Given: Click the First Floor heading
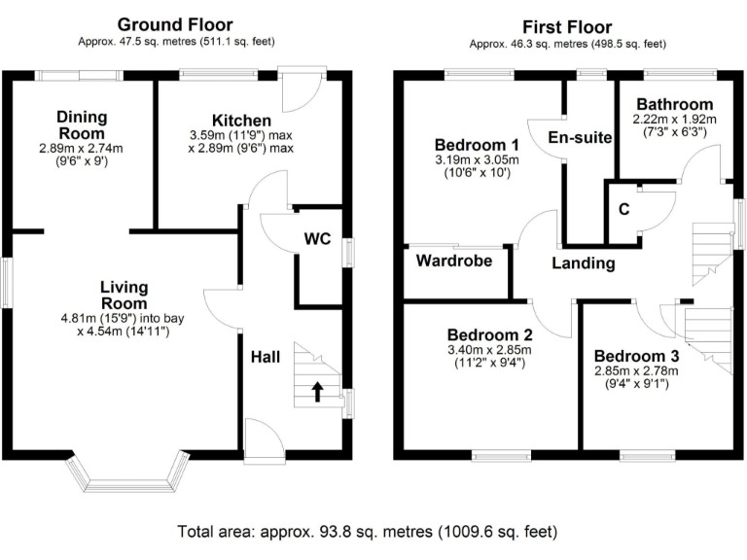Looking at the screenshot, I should [x=567, y=26].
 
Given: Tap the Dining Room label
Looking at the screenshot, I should [x=82, y=124].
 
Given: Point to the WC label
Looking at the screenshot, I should [x=318, y=238].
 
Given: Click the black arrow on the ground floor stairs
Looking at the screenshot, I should [x=317, y=391].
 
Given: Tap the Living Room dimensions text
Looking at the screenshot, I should [x=124, y=323].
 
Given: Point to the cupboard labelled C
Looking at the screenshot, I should [x=622, y=207].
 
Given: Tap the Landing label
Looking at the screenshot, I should [x=583, y=263].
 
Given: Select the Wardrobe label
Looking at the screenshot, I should [x=454, y=261].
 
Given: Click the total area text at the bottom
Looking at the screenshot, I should [x=367, y=532].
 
